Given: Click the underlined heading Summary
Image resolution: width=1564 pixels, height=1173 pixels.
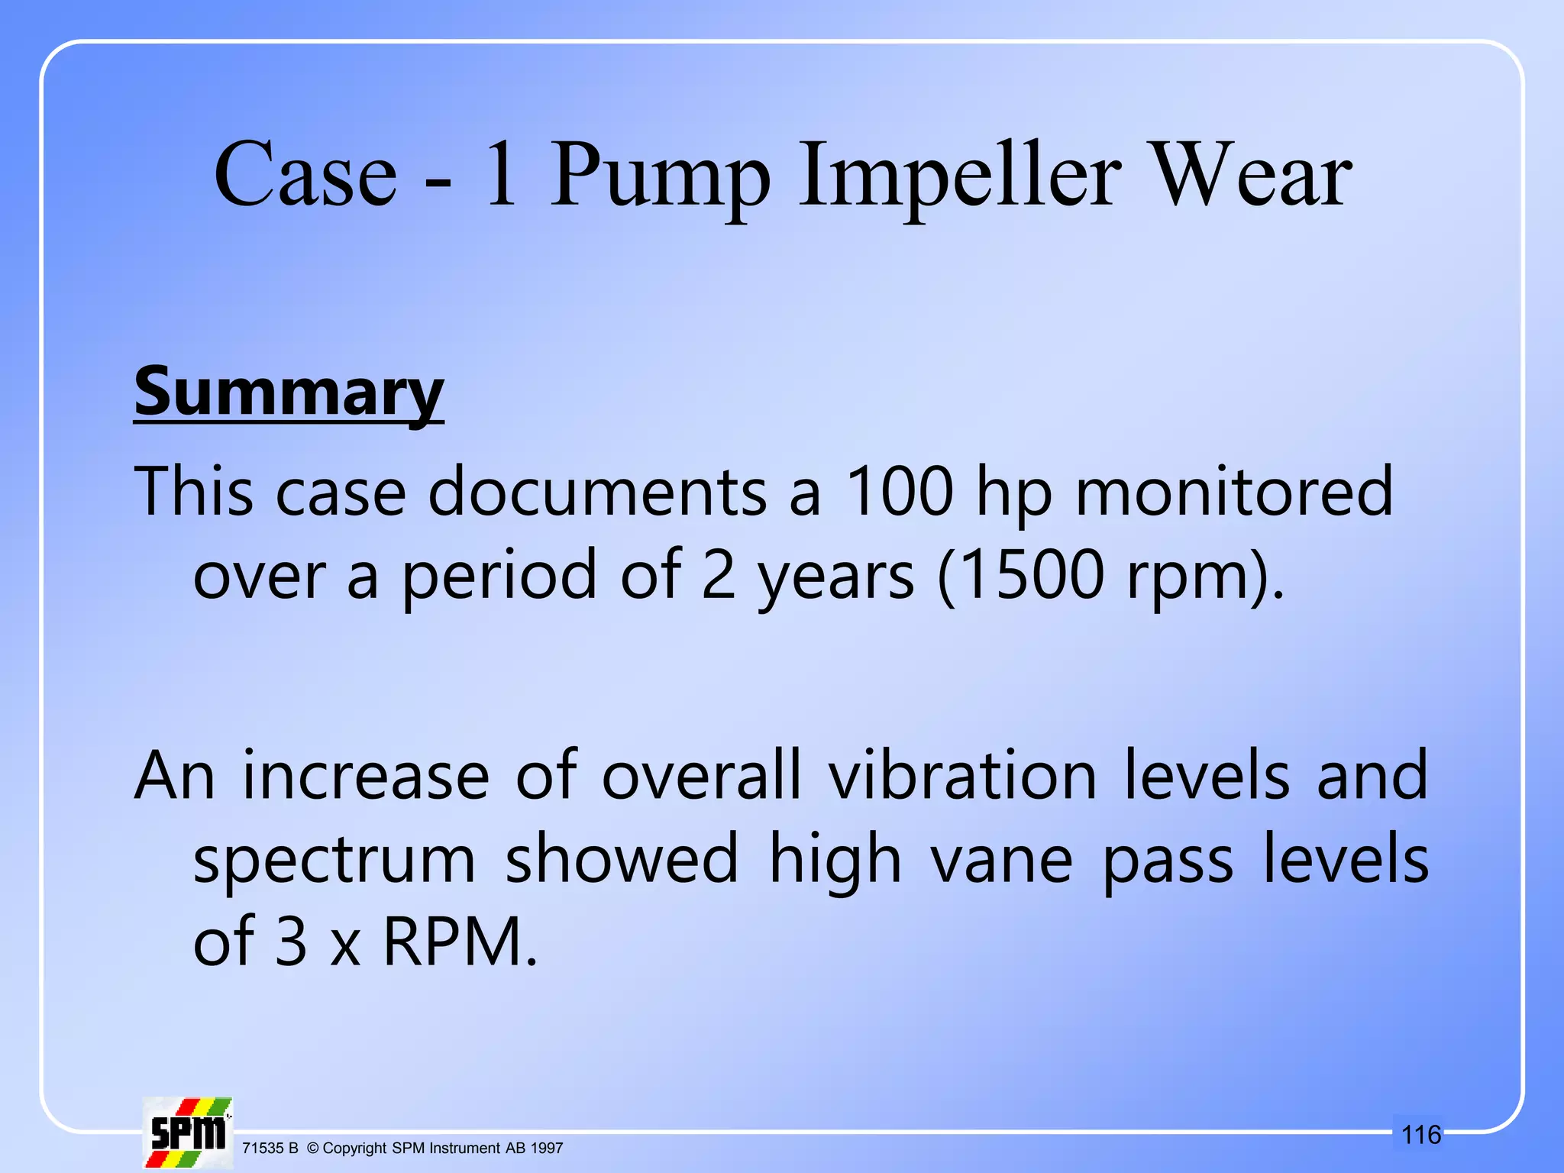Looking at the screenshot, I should tap(289, 393).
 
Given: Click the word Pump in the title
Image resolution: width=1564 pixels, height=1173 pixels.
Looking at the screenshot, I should tap(660, 177).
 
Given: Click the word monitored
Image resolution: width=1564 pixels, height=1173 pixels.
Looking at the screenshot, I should tap(1234, 492).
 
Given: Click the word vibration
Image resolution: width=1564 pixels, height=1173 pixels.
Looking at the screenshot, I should tap(963, 776).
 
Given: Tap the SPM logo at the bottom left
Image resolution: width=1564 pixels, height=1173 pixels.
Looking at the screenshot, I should tap(188, 1133).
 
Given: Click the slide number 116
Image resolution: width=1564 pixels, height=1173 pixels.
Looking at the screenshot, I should tap(1421, 1135).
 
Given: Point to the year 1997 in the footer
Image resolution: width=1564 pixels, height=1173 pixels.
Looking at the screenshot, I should tap(547, 1149).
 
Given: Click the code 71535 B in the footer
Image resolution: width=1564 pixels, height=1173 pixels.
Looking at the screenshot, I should tap(270, 1149).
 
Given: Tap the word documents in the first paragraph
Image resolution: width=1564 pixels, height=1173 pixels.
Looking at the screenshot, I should tap(596, 492).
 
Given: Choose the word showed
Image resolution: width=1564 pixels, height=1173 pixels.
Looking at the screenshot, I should tap(622, 859).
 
